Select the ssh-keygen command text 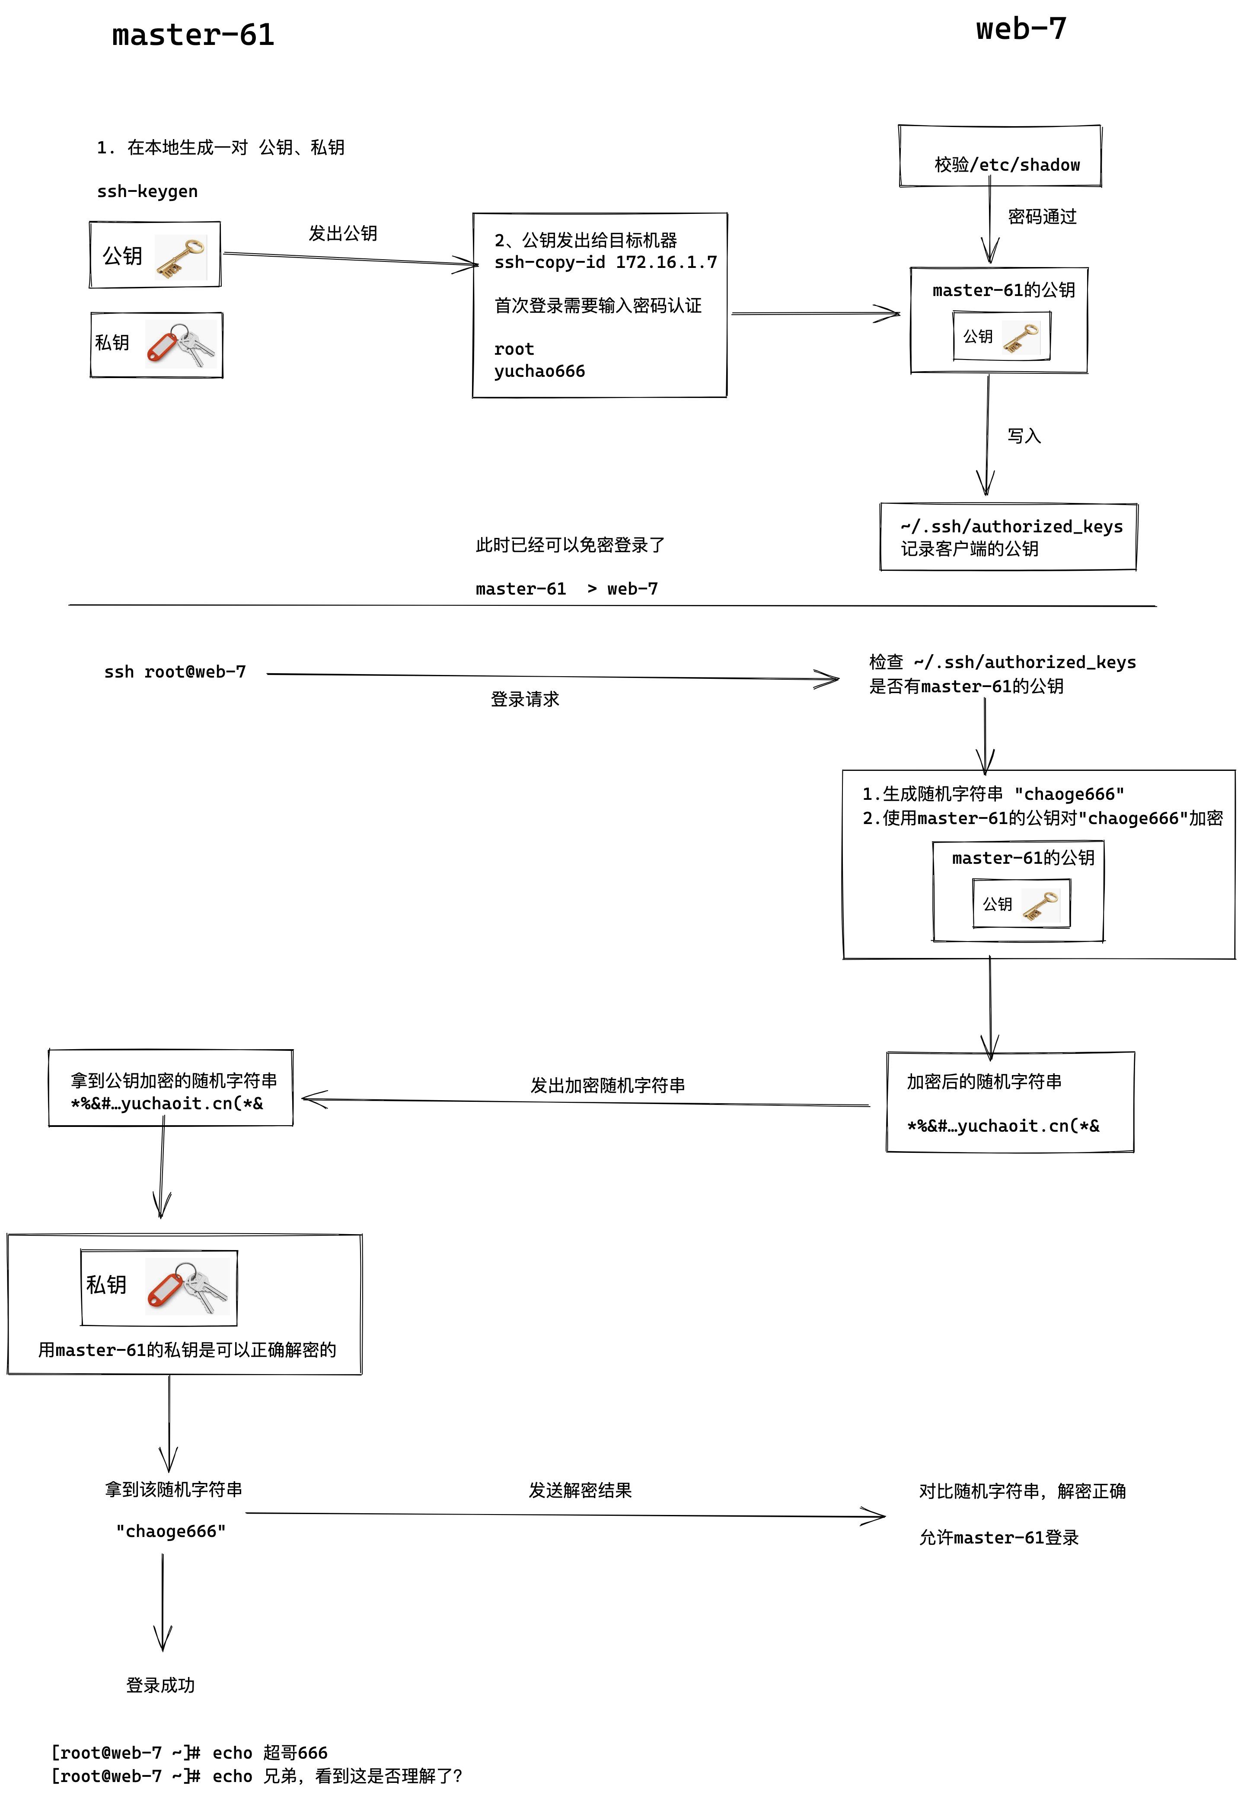click(147, 191)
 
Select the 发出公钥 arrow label click(342, 233)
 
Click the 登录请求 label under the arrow click(525, 699)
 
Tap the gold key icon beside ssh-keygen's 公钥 click(180, 258)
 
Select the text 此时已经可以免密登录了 click(570, 545)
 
